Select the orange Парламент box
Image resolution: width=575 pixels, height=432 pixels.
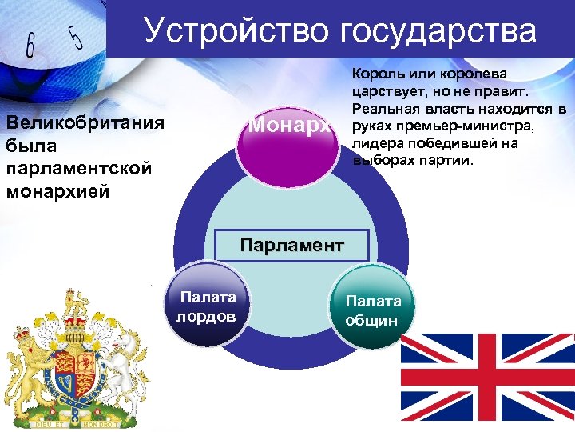292,243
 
